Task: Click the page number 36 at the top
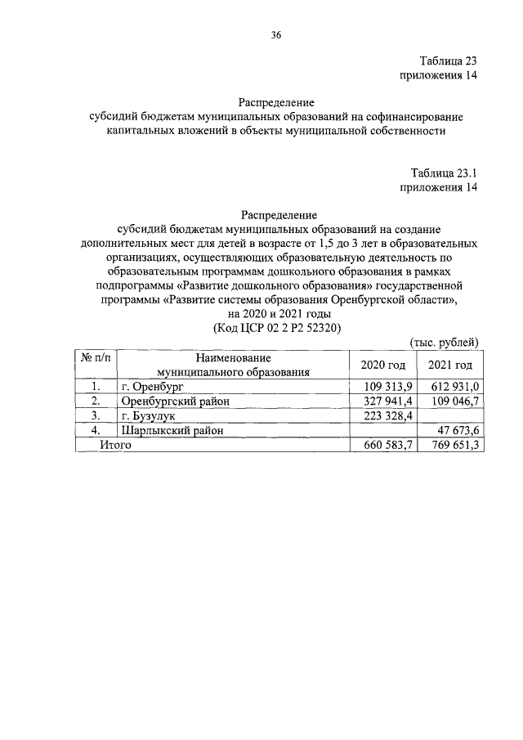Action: pos(275,35)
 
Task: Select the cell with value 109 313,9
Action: pos(382,387)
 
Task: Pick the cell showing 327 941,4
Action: pos(382,401)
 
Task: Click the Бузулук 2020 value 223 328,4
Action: pos(382,415)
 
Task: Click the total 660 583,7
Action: pos(382,445)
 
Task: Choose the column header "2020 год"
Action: pos(382,365)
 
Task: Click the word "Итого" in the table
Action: pos(115,445)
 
